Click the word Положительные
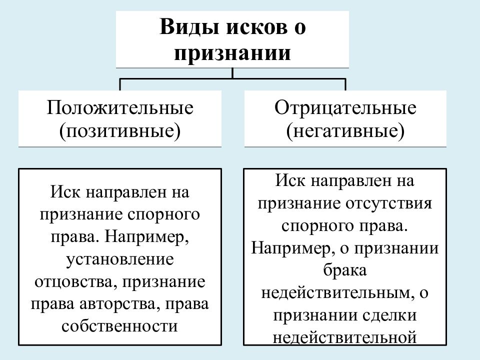pyautogui.click(x=120, y=107)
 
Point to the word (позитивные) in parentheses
pyautogui.click(x=120, y=130)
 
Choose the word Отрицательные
pyautogui.click(x=345, y=107)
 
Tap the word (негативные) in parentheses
pyautogui.click(x=345, y=130)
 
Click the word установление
pyautogui.click(x=120, y=259)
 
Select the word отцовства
pyautogui.click(x=73, y=282)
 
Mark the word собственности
pyautogui.click(x=119, y=326)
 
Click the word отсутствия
pyautogui.click(x=389, y=203)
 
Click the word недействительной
pyautogui.click(x=344, y=337)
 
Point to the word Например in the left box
pyautogui.click(x=146, y=236)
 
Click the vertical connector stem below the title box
pyautogui.click(x=232, y=73)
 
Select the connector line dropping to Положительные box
pyautogui.click(x=119, y=84)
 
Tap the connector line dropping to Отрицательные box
pyautogui.click(x=345, y=84)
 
